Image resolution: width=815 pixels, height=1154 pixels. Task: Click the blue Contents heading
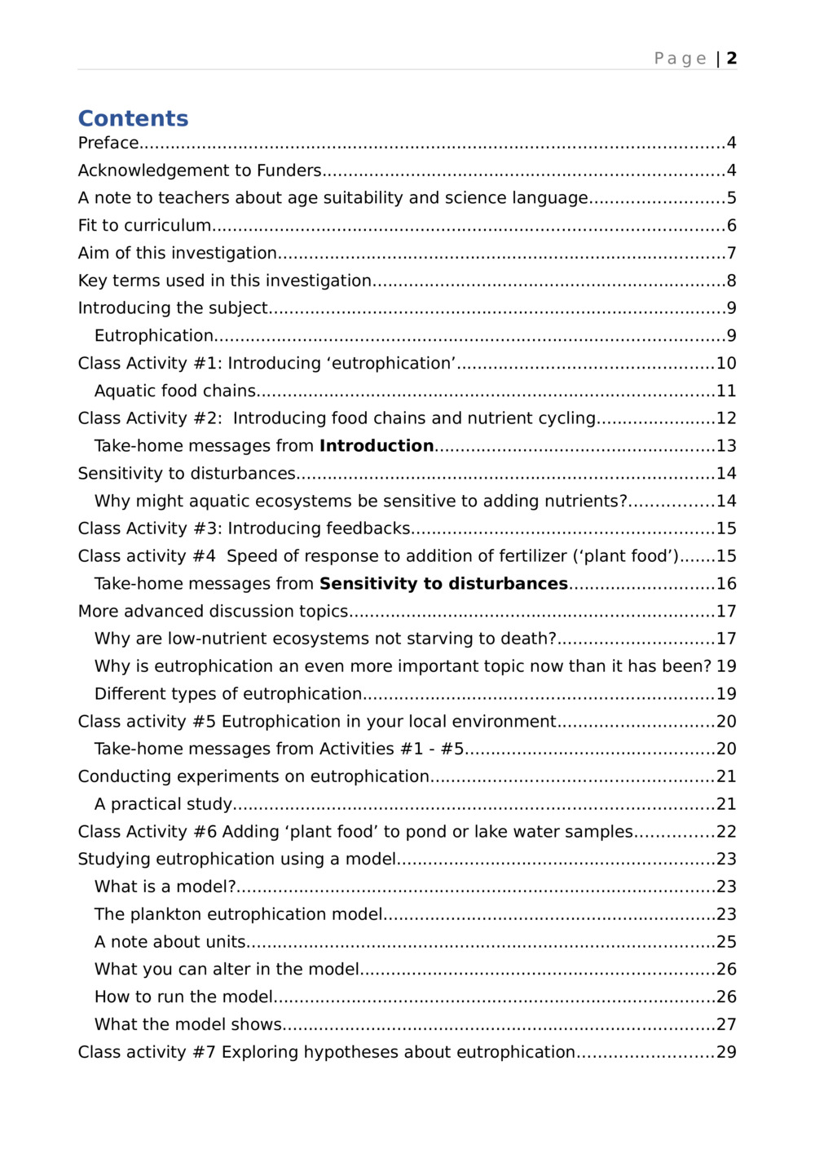(133, 118)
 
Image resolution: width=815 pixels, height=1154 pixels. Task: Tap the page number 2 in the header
(732, 58)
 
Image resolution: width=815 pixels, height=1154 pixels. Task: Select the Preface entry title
(108, 143)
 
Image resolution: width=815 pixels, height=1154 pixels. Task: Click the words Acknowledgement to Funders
(200, 170)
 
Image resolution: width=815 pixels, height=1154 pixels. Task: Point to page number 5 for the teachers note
(732, 198)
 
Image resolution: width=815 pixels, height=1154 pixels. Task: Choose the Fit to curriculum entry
(144, 226)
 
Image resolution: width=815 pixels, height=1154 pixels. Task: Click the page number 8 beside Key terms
(732, 281)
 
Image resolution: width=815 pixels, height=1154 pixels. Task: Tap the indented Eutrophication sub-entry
(154, 336)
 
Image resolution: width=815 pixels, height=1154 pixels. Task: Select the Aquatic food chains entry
(175, 391)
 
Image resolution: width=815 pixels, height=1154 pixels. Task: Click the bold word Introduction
(377, 446)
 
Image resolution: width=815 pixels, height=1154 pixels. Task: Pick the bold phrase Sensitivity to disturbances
(443, 584)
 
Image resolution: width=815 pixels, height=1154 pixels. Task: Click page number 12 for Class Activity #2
(726, 418)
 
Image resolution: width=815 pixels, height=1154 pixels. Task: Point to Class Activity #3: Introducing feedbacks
(244, 528)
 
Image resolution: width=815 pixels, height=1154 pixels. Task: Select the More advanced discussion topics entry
(213, 612)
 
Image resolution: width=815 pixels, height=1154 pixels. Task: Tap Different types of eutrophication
(228, 694)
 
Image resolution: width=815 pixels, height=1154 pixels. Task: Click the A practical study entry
(163, 804)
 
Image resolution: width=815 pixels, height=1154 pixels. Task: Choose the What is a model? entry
(165, 887)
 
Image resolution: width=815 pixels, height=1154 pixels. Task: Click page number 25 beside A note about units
(726, 942)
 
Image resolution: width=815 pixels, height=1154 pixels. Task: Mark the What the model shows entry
(188, 1024)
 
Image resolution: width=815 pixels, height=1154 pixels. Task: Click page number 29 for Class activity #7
(726, 1052)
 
